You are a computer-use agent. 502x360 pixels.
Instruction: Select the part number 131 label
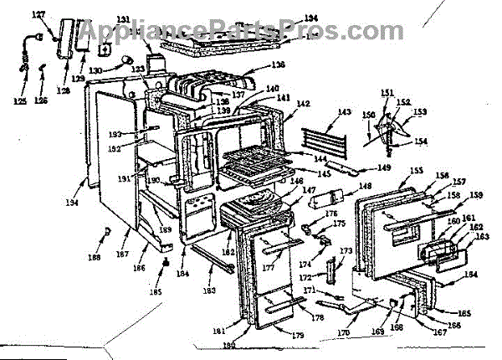(x=123, y=20)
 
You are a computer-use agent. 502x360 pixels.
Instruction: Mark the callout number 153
(x=419, y=111)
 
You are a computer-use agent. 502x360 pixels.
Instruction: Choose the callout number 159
(x=475, y=195)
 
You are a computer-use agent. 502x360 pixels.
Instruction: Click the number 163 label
(x=482, y=237)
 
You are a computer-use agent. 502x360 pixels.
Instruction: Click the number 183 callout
(x=209, y=291)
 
